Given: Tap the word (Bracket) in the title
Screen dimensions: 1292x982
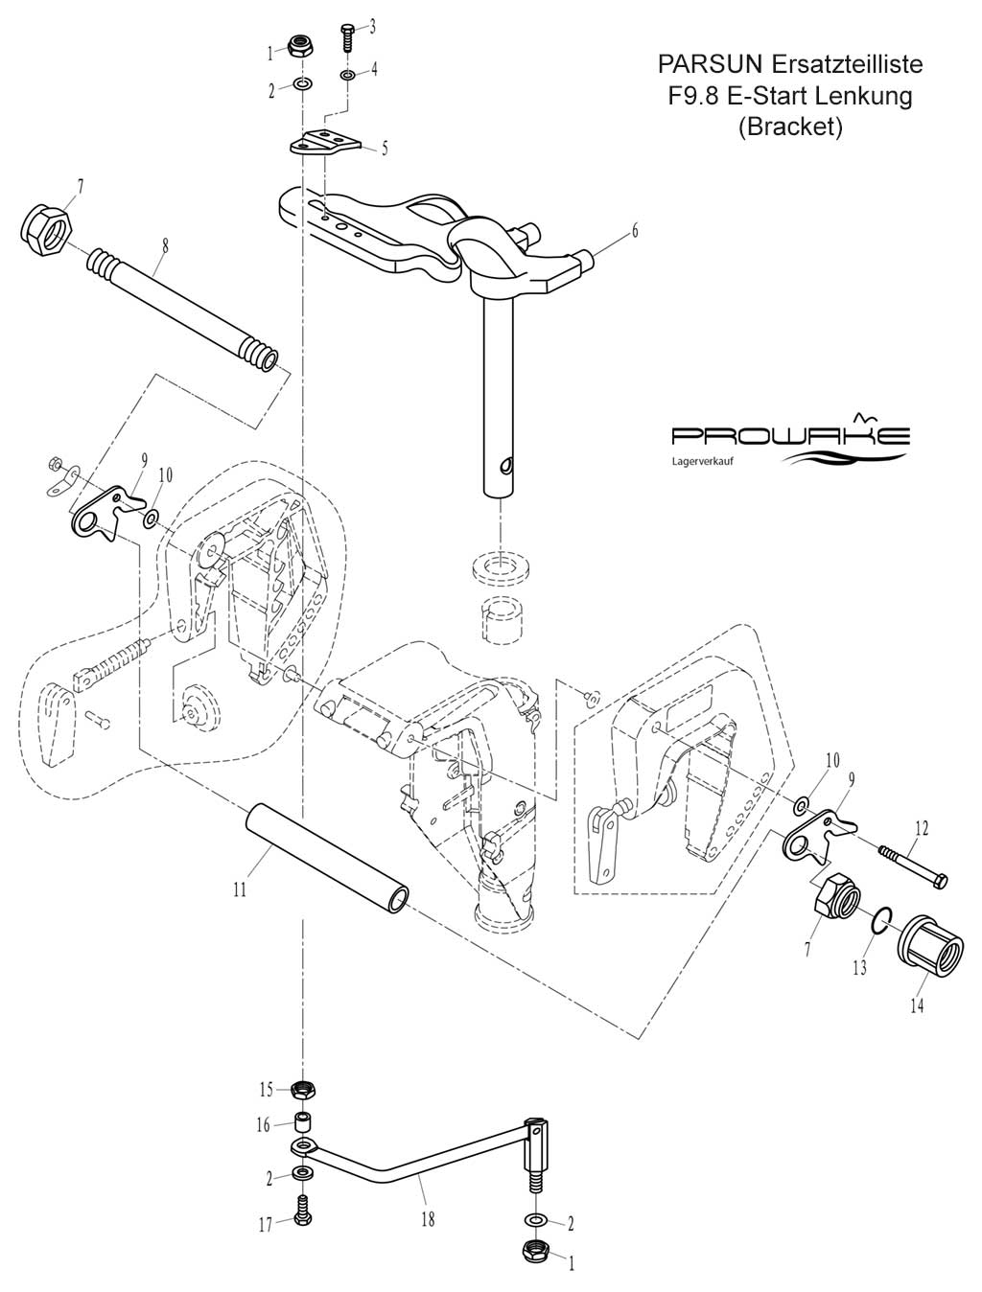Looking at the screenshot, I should [x=790, y=127].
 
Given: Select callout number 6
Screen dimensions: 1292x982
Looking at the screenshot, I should [x=634, y=231].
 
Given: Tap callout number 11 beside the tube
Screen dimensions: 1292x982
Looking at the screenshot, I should [x=240, y=889].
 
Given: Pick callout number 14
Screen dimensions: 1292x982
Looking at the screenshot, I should [x=918, y=1006].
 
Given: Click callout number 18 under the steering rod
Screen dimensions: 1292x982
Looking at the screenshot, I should [x=427, y=1219].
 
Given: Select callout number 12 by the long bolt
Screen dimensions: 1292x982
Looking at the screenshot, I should [x=921, y=826].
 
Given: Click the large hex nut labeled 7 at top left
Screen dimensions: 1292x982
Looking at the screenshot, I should [x=41, y=230].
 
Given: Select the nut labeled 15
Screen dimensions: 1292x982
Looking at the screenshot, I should [x=304, y=1090].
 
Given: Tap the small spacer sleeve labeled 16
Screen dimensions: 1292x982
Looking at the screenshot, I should [x=304, y=1123].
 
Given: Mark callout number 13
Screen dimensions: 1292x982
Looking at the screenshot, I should [x=859, y=969].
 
